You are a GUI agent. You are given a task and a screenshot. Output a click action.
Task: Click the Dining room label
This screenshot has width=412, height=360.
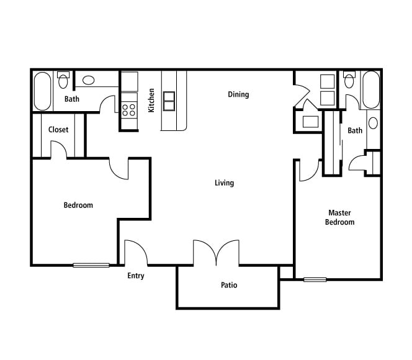tap(238, 94)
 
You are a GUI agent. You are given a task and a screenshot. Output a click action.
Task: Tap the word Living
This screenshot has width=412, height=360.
tap(224, 182)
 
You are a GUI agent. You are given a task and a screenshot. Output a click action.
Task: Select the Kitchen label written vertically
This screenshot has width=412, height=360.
tap(151, 100)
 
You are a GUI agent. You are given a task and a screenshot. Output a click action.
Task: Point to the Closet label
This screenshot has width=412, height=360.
tap(58, 130)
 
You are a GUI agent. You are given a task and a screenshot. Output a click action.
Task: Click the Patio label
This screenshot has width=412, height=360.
tap(229, 286)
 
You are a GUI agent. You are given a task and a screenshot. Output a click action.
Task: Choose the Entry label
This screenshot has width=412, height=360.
tap(136, 276)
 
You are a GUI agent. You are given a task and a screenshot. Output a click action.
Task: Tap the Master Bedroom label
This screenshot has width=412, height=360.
tap(340, 217)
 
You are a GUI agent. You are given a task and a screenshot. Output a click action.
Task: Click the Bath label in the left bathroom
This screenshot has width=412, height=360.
tap(72, 99)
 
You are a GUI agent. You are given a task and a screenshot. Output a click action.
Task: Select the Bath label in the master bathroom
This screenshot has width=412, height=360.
tap(355, 130)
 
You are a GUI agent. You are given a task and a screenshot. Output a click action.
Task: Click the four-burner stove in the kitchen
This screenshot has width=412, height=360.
tap(129, 110)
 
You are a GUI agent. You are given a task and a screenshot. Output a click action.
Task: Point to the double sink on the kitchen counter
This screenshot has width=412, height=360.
tap(169, 100)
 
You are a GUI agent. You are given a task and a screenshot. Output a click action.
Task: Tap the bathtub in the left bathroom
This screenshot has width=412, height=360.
tap(43, 91)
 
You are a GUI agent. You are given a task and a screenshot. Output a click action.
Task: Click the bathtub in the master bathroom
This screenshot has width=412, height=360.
tap(370, 89)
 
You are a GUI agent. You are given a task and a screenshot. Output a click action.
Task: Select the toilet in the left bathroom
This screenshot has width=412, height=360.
tap(63, 80)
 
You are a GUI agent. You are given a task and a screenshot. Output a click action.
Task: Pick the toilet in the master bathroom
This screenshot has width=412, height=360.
tap(349, 80)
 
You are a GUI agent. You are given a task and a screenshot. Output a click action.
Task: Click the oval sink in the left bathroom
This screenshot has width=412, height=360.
tap(89, 80)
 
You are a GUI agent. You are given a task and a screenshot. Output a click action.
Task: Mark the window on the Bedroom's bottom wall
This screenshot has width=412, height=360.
tap(91, 265)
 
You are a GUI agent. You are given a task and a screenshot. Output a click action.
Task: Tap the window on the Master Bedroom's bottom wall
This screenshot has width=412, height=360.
tap(315, 279)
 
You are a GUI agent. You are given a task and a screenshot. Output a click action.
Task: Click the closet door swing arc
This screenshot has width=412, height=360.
tap(60, 149)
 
